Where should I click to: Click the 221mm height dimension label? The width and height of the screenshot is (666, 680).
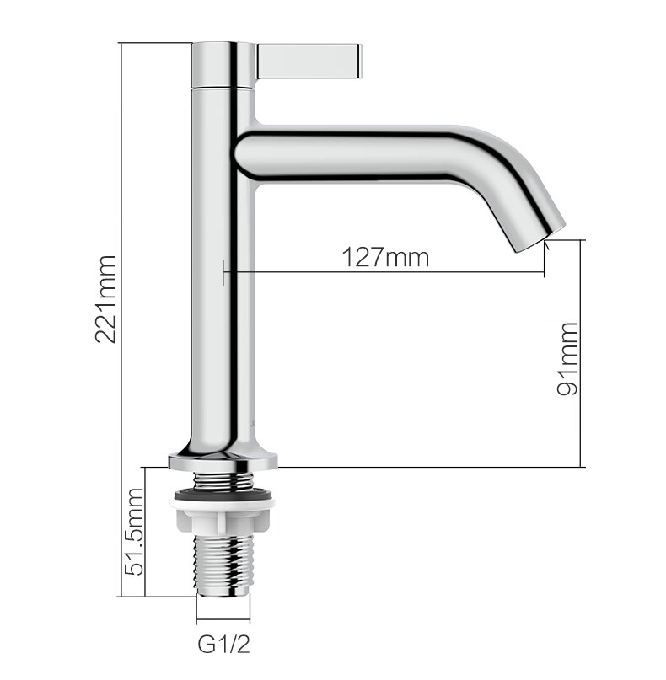pyautogui.click(x=105, y=299)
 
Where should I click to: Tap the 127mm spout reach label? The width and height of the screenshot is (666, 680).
pyautogui.click(x=386, y=258)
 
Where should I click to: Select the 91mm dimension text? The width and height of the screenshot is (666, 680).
pyautogui.click(x=567, y=359)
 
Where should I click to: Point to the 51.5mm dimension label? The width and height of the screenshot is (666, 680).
pyautogui.click(x=134, y=532)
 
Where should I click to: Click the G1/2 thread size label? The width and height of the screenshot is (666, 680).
pyautogui.click(x=224, y=644)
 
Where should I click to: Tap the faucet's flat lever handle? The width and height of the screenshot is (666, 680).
pyautogui.click(x=309, y=62)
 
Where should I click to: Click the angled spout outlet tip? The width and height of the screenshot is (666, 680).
pyautogui.click(x=541, y=237)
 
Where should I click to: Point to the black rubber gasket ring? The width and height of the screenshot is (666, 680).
pyautogui.click(x=223, y=494)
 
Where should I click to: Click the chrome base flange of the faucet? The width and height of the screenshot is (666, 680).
pyautogui.click(x=223, y=461)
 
